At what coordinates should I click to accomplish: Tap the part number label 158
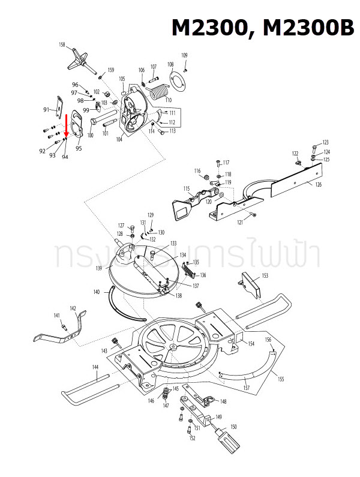coord(62,45)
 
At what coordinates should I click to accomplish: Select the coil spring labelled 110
coord(158,93)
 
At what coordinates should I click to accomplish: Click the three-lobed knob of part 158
coord(79,58)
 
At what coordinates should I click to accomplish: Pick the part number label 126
coord(318,184)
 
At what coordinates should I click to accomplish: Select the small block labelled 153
coord(250,284)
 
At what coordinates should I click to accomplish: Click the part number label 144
coord(95,366)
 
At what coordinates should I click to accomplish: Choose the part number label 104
coord(119,139)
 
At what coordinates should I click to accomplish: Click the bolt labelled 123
coord(314,147)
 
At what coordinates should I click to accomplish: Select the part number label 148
coord(223,401)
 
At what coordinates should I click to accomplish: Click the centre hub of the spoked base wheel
coord(173,347)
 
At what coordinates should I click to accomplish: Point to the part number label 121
coord(240,223)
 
